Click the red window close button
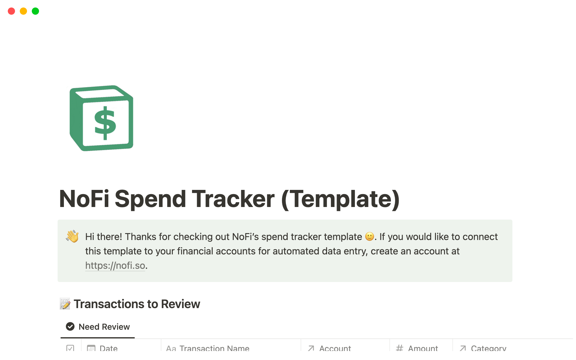(11, 11)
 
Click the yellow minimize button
(23, 11)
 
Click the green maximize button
(35, 11)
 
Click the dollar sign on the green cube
(105, 123)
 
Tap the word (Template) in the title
(340, 199)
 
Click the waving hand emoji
(72, 236)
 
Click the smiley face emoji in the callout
(370, 237)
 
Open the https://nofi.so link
(115, 265)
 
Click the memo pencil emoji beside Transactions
(65, 304)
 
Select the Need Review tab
(98, 327)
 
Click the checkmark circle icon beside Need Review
(70, 326)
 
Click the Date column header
(108, 348)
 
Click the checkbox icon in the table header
(70, 348)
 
